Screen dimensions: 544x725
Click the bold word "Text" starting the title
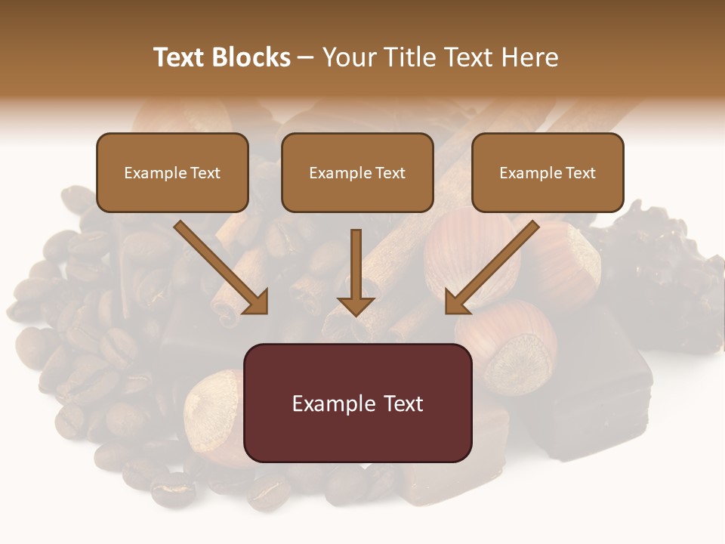(179, 57)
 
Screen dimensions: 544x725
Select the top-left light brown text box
(172, 172)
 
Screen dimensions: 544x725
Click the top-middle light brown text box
(357, 172)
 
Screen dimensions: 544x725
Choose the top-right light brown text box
(548, 172)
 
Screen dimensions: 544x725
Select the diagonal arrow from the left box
(223, 268)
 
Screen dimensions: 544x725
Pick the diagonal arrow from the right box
(491, 268)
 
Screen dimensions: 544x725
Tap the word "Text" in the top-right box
(580, 173)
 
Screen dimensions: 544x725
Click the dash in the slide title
(306, 58)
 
